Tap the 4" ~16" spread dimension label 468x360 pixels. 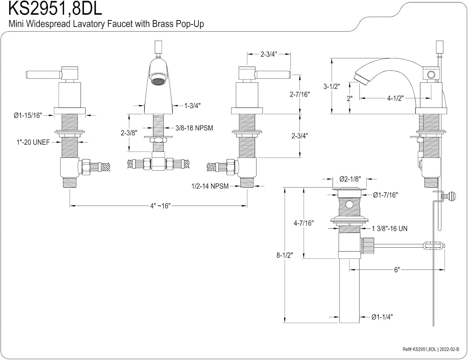pos(160,206)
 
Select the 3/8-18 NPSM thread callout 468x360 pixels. pos(194,128)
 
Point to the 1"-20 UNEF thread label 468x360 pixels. pos(33,142)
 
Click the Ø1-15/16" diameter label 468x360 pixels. pos(28,116)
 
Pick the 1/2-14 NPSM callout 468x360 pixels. pos(210,186)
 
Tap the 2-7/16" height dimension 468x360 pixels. pos(300,94)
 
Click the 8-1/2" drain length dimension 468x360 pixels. pos(285,255)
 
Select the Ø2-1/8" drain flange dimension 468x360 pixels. pos(350,179)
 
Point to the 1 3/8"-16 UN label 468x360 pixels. pos(390,229)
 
